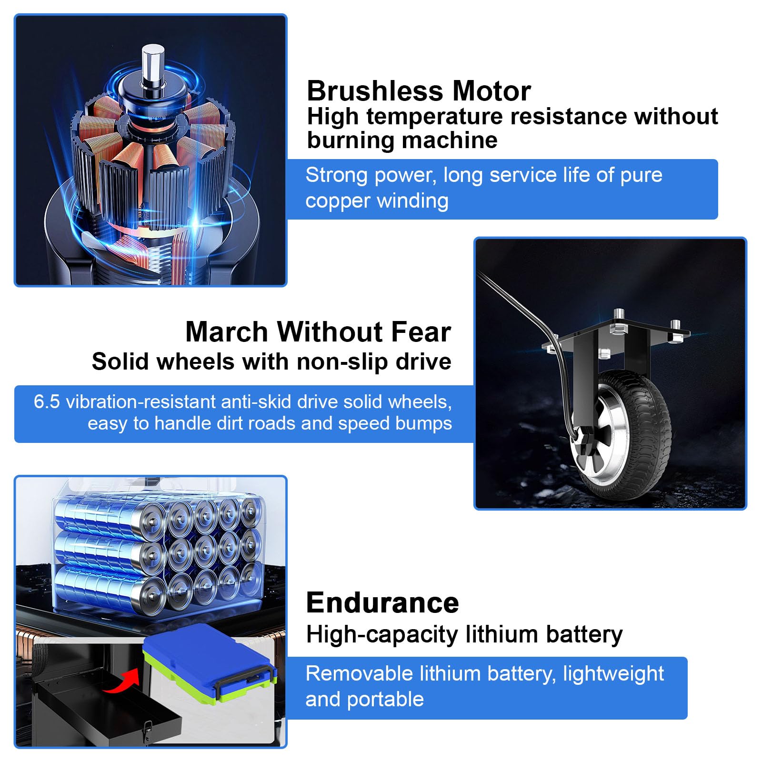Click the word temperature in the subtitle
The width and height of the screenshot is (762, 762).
click(x=432, y=117)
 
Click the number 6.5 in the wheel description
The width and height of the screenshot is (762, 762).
click(x=47, y=402)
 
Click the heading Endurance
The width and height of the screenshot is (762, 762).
click(x=382, y=603)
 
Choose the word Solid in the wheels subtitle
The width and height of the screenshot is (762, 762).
click(x=121, y=361)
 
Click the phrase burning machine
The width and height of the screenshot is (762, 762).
click(x=402, y=141)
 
